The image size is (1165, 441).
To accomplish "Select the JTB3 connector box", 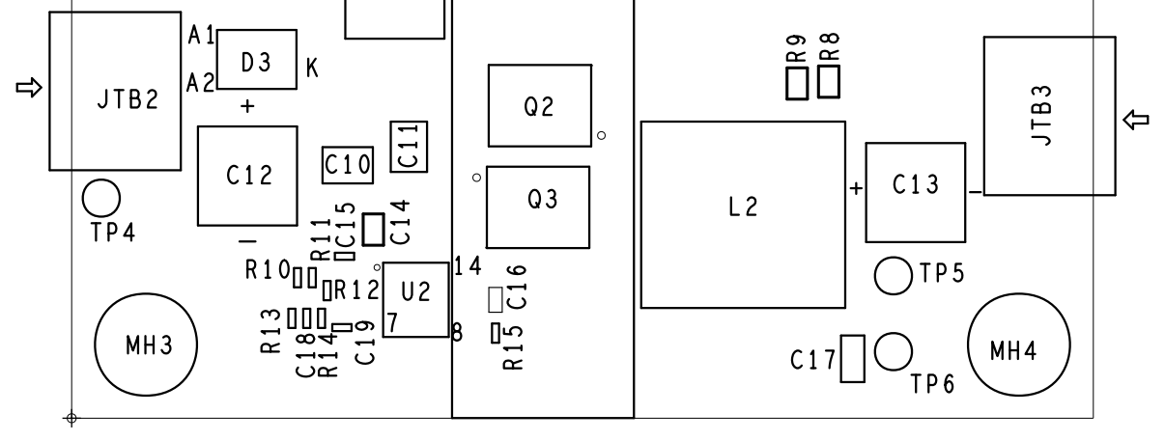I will pos(1049,116).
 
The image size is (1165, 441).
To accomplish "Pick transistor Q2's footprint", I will pos(539,106).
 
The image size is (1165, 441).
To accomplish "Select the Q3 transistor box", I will pos(538,206).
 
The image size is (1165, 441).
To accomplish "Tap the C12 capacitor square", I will pos(248,175).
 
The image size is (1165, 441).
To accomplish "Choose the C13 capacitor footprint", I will pos(916,192).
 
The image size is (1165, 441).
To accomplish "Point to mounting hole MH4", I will pos(1019,347).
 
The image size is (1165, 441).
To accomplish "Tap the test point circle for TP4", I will pos(100,198).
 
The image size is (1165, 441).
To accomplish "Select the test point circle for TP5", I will pos(893,276).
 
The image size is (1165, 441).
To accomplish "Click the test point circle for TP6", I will pos(893,351).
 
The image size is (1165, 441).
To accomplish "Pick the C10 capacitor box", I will pos(347,165).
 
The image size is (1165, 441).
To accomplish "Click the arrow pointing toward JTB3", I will pos(1137,120).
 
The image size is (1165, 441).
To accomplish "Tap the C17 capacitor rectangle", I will pos(852,358).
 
